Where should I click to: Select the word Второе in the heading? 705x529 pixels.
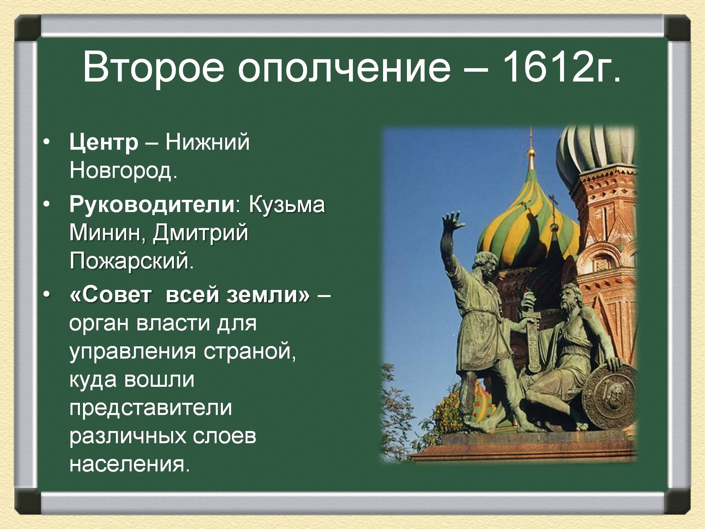153,67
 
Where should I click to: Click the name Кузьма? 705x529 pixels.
286,205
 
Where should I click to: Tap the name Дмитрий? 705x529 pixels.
200,233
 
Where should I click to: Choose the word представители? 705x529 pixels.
151,408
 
